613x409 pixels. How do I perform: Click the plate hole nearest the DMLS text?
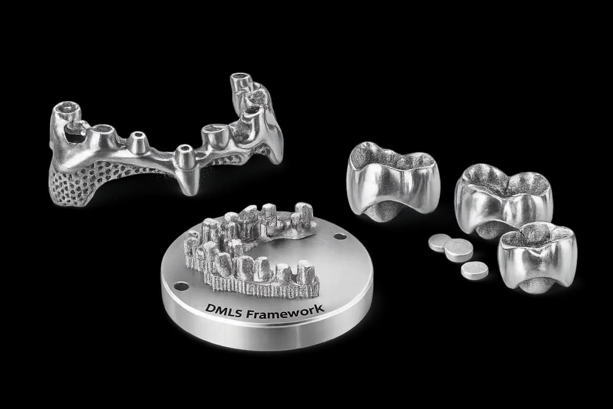(181, 286)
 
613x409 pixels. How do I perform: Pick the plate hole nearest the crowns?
(340, 237)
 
